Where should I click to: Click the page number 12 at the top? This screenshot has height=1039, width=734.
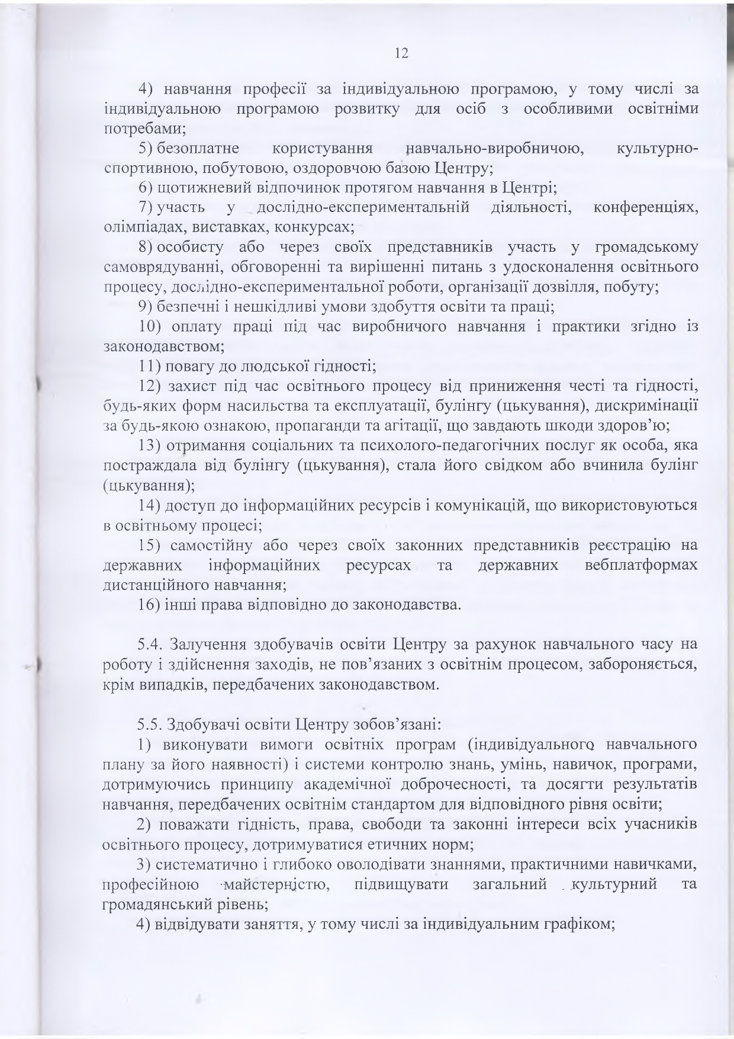point(401,53)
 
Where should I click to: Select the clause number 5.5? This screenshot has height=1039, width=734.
point(150,724)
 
